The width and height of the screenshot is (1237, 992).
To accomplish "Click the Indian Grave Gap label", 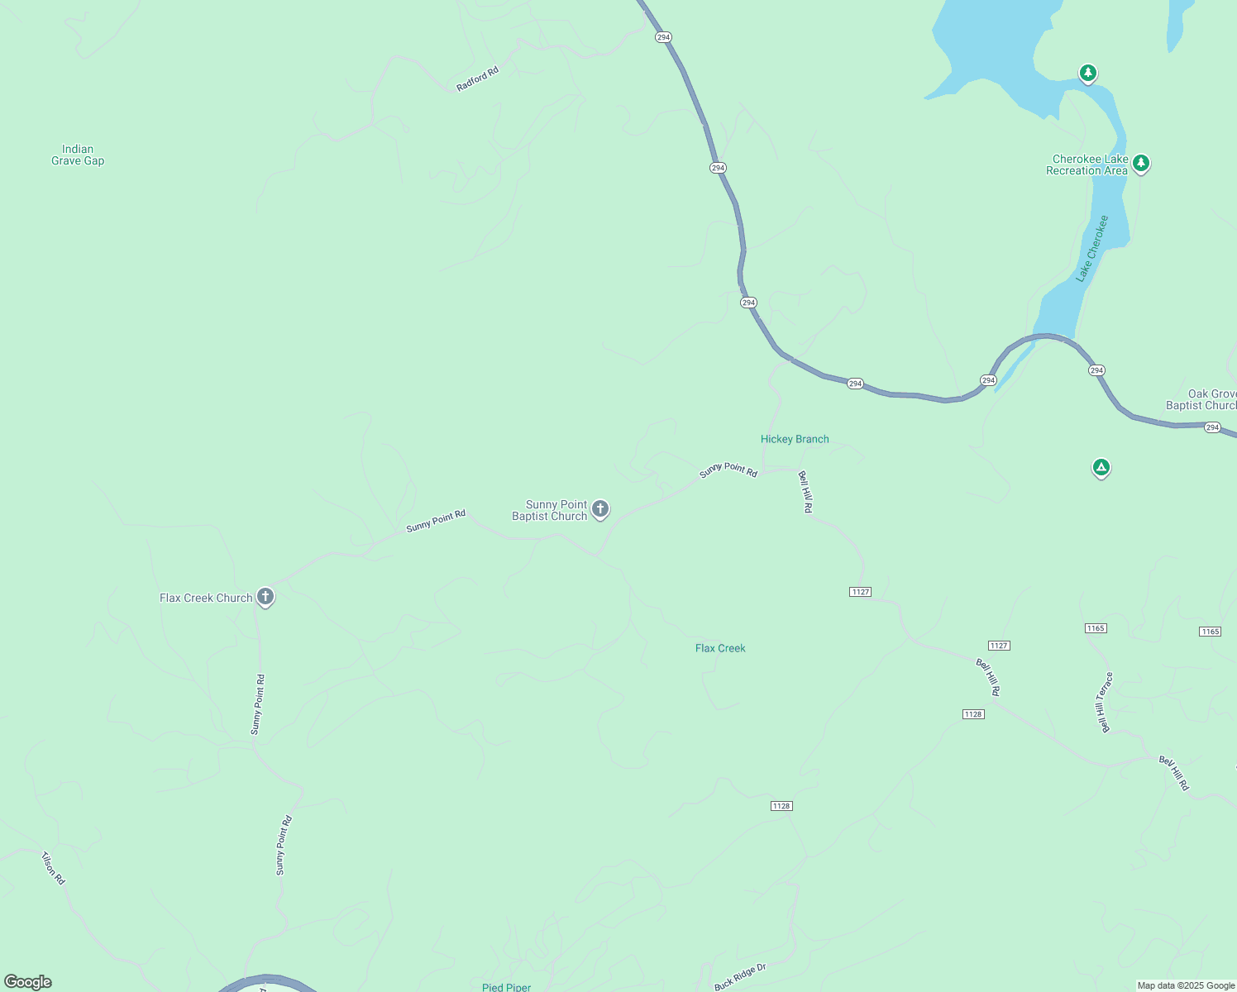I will coord(78,155).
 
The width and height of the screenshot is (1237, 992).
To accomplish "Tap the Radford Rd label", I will coord(478,79).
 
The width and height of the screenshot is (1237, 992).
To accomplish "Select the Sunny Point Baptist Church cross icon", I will coord(600,509).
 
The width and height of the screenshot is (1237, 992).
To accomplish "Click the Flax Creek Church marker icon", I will coord(265,596).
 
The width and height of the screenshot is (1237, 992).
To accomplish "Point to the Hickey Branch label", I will coord(795,439).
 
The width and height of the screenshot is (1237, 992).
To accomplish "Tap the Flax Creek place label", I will coord(720,648).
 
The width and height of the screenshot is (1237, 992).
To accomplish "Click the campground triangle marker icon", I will coord(1101,468).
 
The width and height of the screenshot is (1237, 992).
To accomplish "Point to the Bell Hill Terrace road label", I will coord(1105,702).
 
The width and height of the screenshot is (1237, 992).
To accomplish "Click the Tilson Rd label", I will coord(53,868).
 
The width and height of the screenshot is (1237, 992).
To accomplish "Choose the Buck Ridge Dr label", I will coord(740,976).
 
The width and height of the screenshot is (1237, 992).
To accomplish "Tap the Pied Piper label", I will coord(506,987).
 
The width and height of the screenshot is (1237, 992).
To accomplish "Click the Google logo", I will coord(28,982).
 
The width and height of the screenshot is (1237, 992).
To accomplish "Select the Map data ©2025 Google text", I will coord(1186,985).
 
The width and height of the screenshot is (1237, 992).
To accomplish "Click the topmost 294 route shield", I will coord(663,37).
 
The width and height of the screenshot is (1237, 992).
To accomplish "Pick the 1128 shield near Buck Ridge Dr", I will coord(781,806).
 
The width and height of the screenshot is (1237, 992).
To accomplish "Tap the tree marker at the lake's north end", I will coord(1088,74).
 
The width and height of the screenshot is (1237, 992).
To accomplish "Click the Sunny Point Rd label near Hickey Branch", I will coord(728,470).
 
